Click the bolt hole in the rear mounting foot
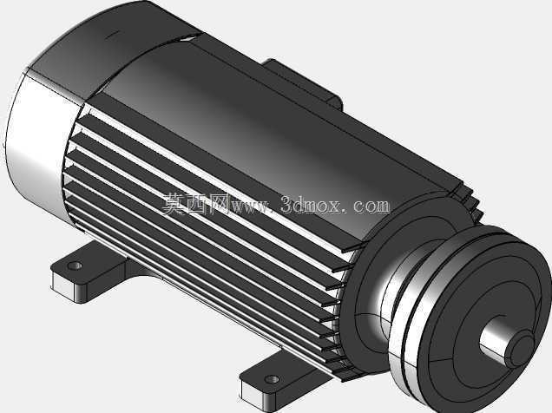(x=75, y=265)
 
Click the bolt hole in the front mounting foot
(x=272, y=379)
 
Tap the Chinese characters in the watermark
(x=196, y=204)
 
